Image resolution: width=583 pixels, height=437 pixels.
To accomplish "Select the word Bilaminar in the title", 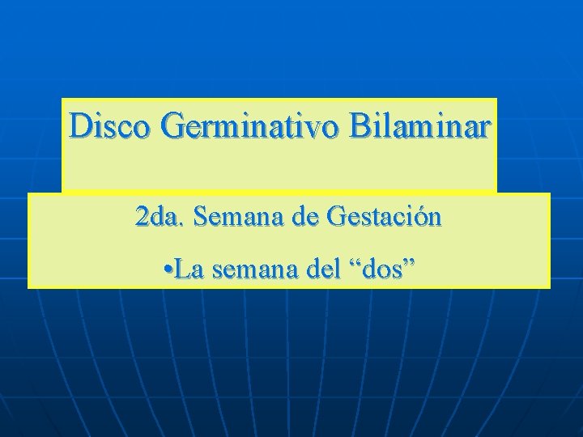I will coord(420,127).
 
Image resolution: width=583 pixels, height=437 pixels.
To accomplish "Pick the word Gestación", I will coord(384,218).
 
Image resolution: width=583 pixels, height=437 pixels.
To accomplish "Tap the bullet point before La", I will coord(165,269).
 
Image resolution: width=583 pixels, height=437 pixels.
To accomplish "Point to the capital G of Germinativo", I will coord(172,127).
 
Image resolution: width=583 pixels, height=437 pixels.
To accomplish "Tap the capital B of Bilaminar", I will coord(361,127).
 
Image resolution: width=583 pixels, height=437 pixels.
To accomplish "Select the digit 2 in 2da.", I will coord(142,218).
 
